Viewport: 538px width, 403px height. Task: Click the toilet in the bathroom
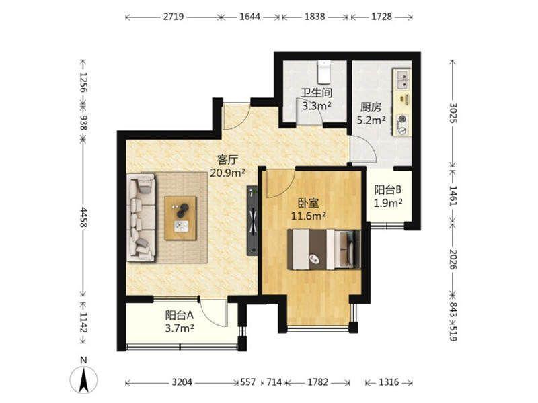[323, 72]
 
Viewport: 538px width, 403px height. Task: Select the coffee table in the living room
[180, 218]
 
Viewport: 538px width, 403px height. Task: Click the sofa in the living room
[141, 218]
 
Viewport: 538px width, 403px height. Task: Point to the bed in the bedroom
[323, 249]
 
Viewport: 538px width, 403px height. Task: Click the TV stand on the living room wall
[252, 221]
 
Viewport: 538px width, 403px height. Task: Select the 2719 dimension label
[174, 17]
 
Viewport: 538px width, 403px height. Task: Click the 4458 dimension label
[83, 216]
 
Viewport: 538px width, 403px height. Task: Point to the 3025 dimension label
[453, 113]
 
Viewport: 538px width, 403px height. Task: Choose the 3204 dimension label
[182, 382]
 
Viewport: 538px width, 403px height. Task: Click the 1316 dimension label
[389, 382]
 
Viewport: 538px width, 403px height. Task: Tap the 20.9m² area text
[227, 173]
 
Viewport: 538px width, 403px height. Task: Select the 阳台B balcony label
[388, 189]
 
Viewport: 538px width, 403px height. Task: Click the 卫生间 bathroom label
[317, 93]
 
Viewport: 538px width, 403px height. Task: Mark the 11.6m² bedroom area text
[309, 216]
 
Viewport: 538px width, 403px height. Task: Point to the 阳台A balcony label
[180, 315]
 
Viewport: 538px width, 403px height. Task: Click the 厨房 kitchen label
[371, 107]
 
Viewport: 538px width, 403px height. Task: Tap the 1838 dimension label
[315, 17]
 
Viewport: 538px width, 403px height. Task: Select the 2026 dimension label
[453, 259]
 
